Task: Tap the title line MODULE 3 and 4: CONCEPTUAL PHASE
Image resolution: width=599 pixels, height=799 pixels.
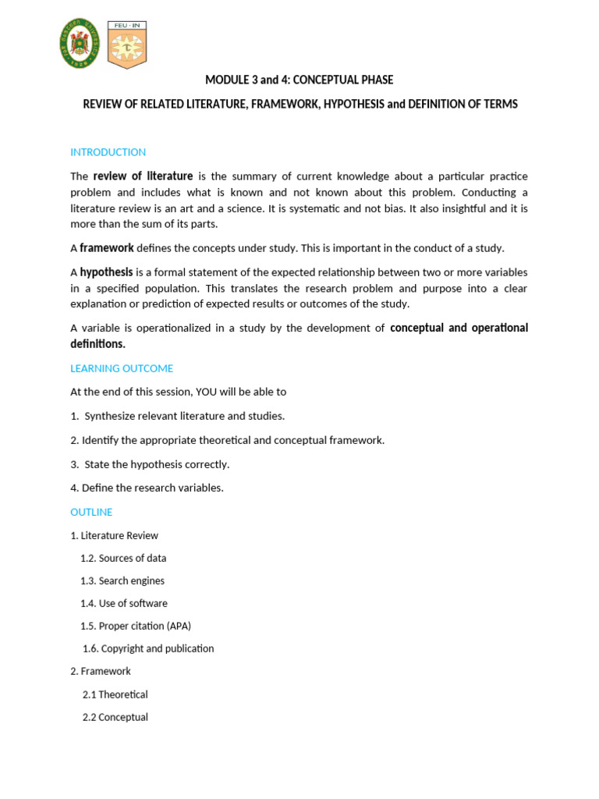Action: pyautogui.click(x=299, y=80)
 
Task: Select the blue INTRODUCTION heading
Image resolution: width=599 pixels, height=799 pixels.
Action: pyautogui.click(x=108, y=152)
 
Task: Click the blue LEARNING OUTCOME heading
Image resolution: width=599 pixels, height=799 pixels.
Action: pyautogui.click(x=122, y=368)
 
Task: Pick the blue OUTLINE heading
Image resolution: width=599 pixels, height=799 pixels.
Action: pyautogui.click(x=91, y=512)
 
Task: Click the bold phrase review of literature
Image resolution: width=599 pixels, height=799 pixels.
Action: pyautogui.click(x=143, y=176)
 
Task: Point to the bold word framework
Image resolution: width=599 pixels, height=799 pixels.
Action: pyautogui.click(x=107, y=248)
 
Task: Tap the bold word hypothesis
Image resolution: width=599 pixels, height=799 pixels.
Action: pyautogui.click(x=106, y=272)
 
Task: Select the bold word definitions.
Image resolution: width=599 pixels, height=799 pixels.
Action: pyautogui.click(x=97, y=344)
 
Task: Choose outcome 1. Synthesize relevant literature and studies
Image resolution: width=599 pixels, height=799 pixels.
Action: pyautogui.click(x=177, y=416)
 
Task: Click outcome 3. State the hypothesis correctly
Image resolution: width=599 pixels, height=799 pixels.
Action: pyautogui.click(x=150, y=464)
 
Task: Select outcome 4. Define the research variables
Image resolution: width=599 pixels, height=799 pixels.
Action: pyautogui.click(x=147, y=488)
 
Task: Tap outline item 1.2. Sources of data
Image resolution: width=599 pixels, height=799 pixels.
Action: pyautogui.click(x=123, y=558)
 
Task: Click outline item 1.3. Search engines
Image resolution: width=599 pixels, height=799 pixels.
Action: pyautogui.click(x=122, y=581)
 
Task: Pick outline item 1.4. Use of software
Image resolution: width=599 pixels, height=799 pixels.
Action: pyautogui.click(x=124, y=603)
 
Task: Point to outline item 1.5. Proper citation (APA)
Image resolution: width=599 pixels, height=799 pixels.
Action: pyautogui.click(x=136, y=626)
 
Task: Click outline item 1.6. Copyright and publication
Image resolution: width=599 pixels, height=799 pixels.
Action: pyautogui.click(x=148, y=648)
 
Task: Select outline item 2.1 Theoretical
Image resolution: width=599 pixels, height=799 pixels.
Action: pyautogui.click(x=115, y=694)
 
